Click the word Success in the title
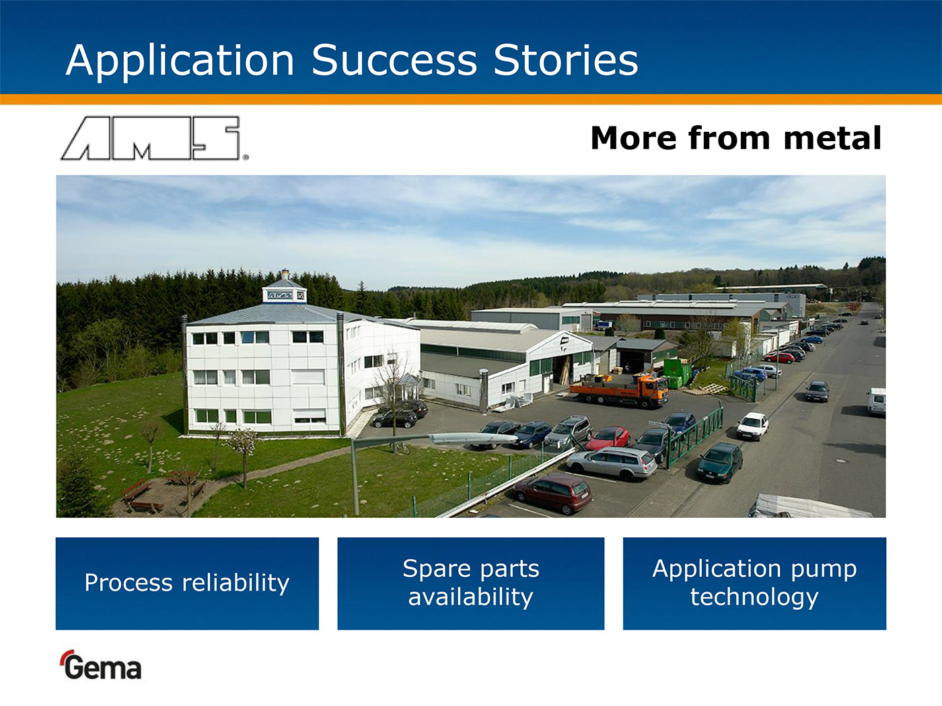tap(394, 60)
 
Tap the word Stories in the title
tap(566, 60)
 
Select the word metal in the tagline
tap(832, 138)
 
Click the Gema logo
tap(102, 665)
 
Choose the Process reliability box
tap(187, 584)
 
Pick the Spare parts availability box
tap(471, 584)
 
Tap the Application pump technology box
tap(754, 584)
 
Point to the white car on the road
tap(753, 426)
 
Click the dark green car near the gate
tap(720, 462)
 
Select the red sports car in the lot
tap(607, 438)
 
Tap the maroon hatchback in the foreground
tap(553, 492)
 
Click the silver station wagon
tap(612, 463)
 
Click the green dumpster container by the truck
tap(676, 373)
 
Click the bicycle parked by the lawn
tap(400, 448)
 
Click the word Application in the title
tap(180, 61)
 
